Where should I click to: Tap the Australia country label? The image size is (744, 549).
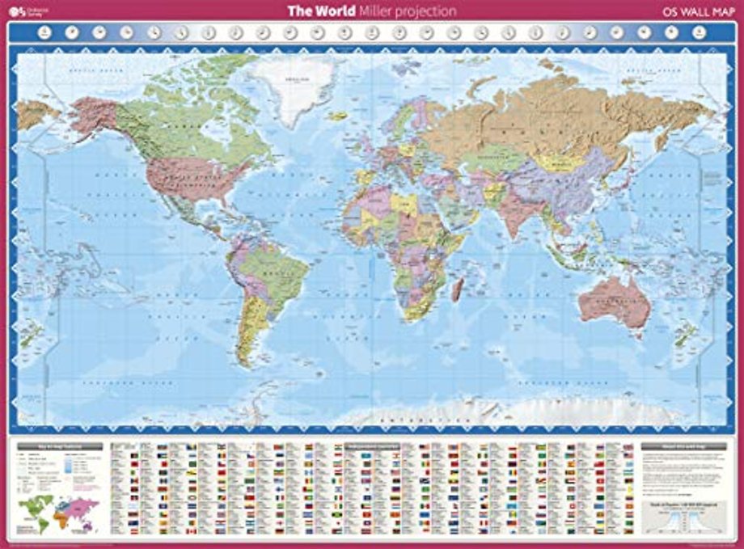click(x=614, y=297)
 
